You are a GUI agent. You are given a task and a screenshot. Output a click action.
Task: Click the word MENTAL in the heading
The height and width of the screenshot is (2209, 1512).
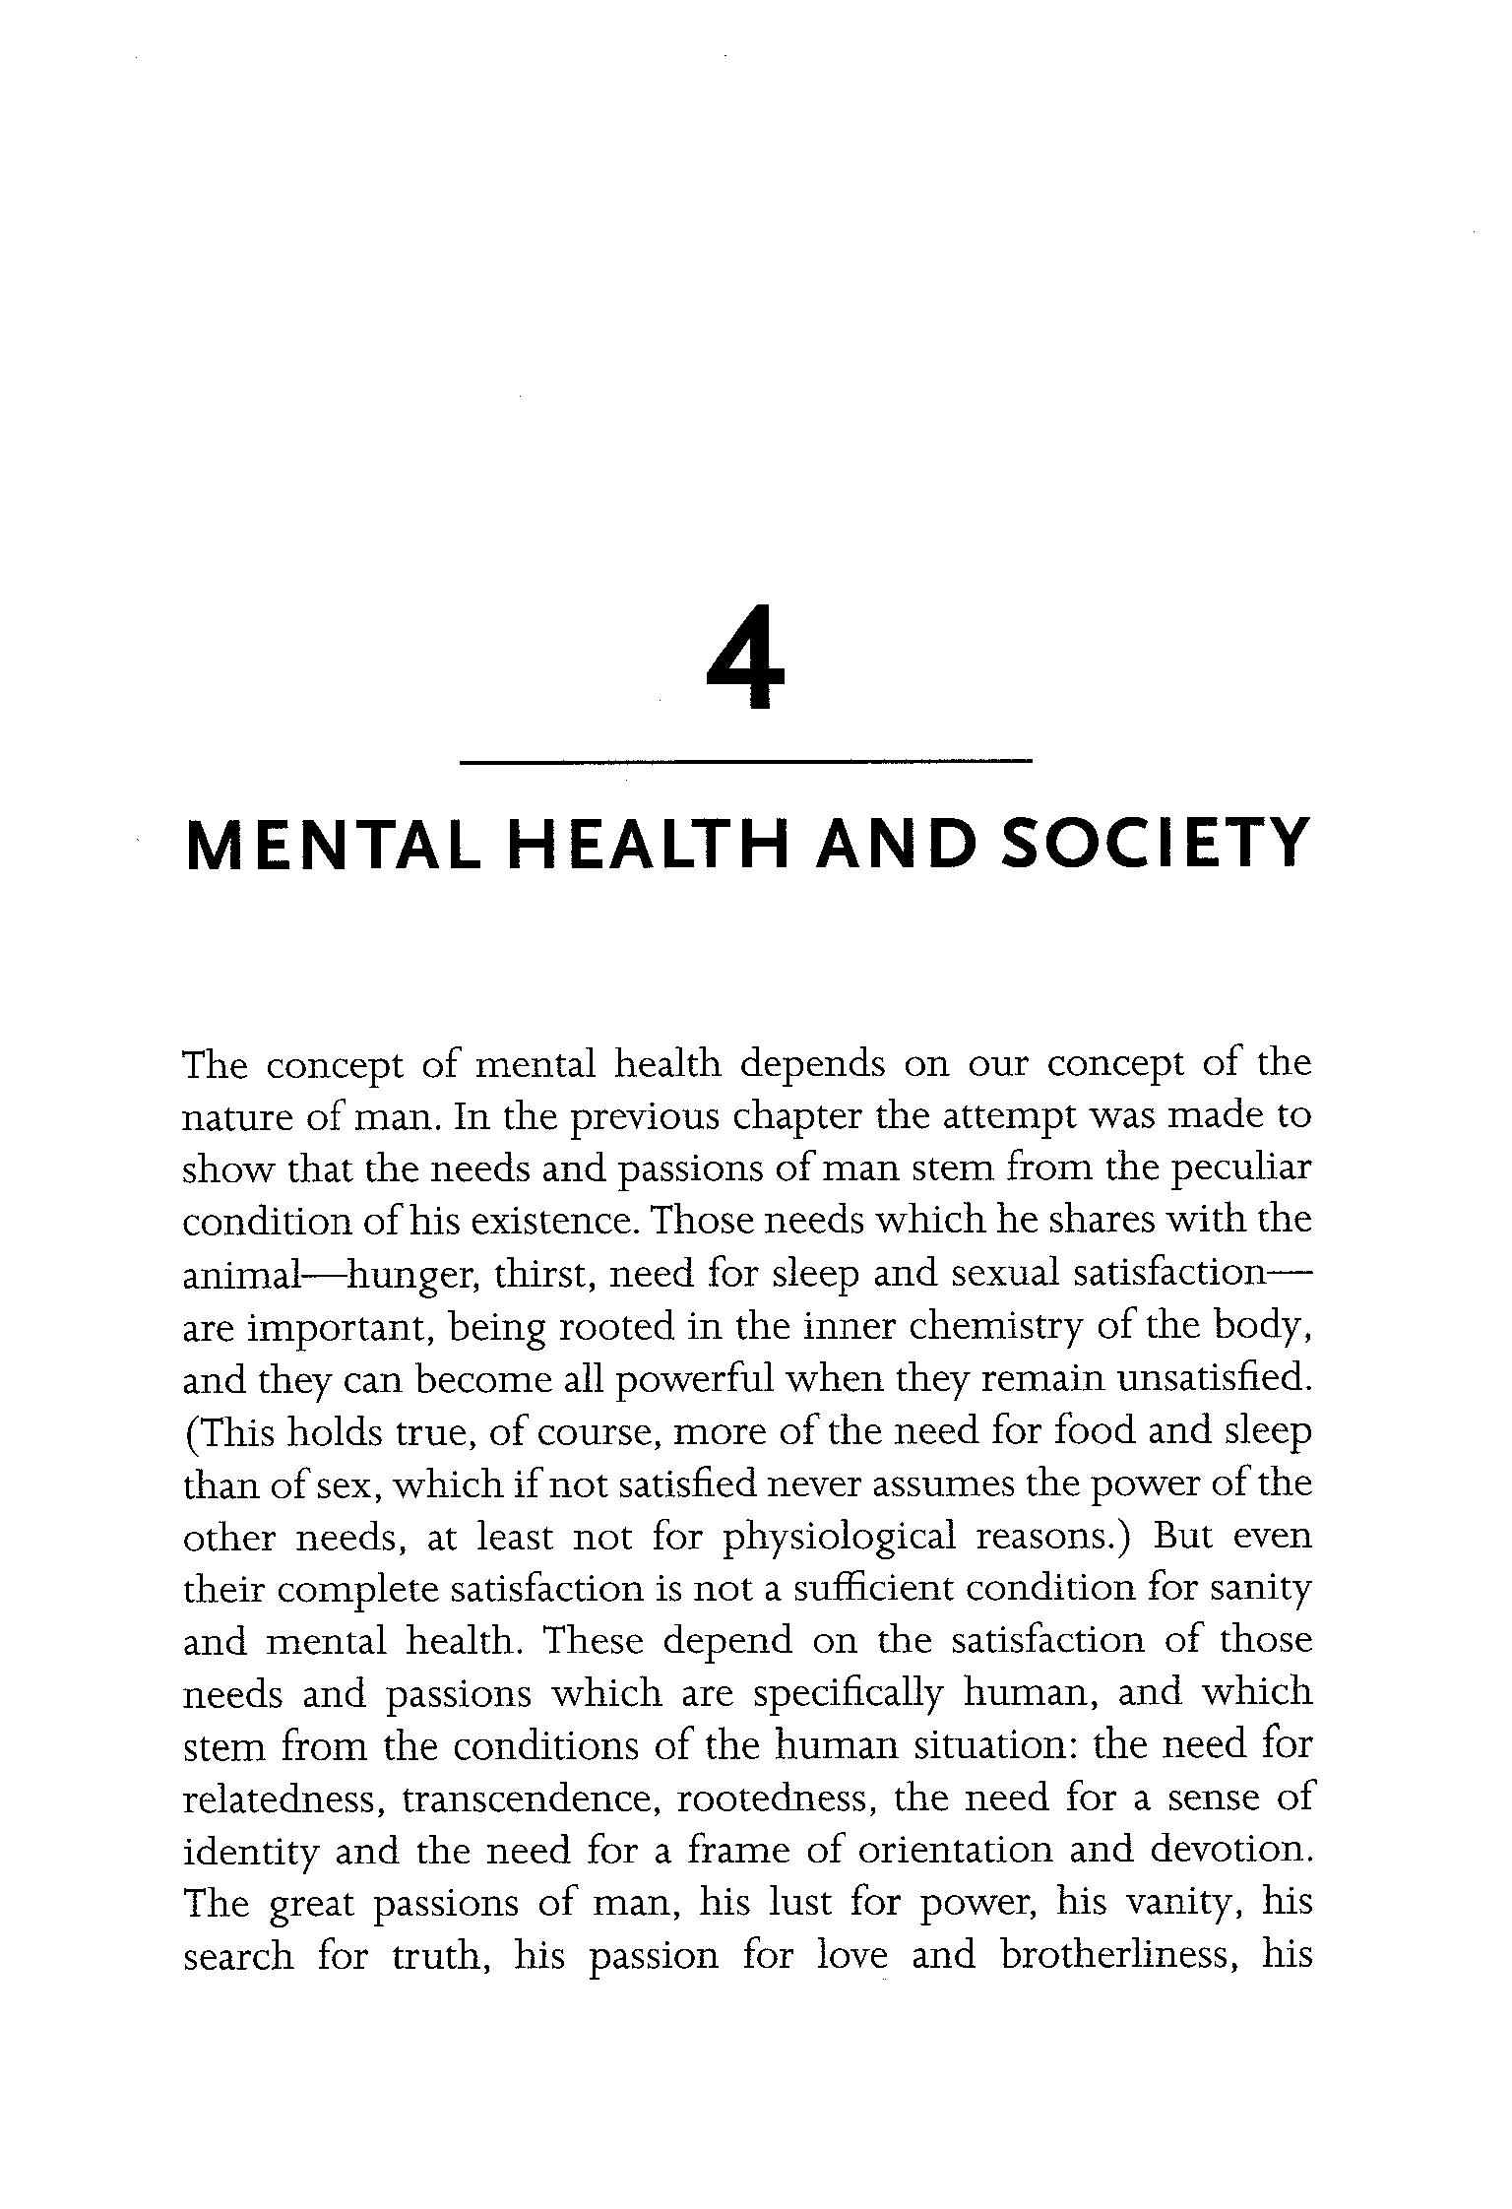[334, 845]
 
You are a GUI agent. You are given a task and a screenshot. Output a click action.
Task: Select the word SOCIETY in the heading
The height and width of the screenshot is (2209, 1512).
[1156, 845]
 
